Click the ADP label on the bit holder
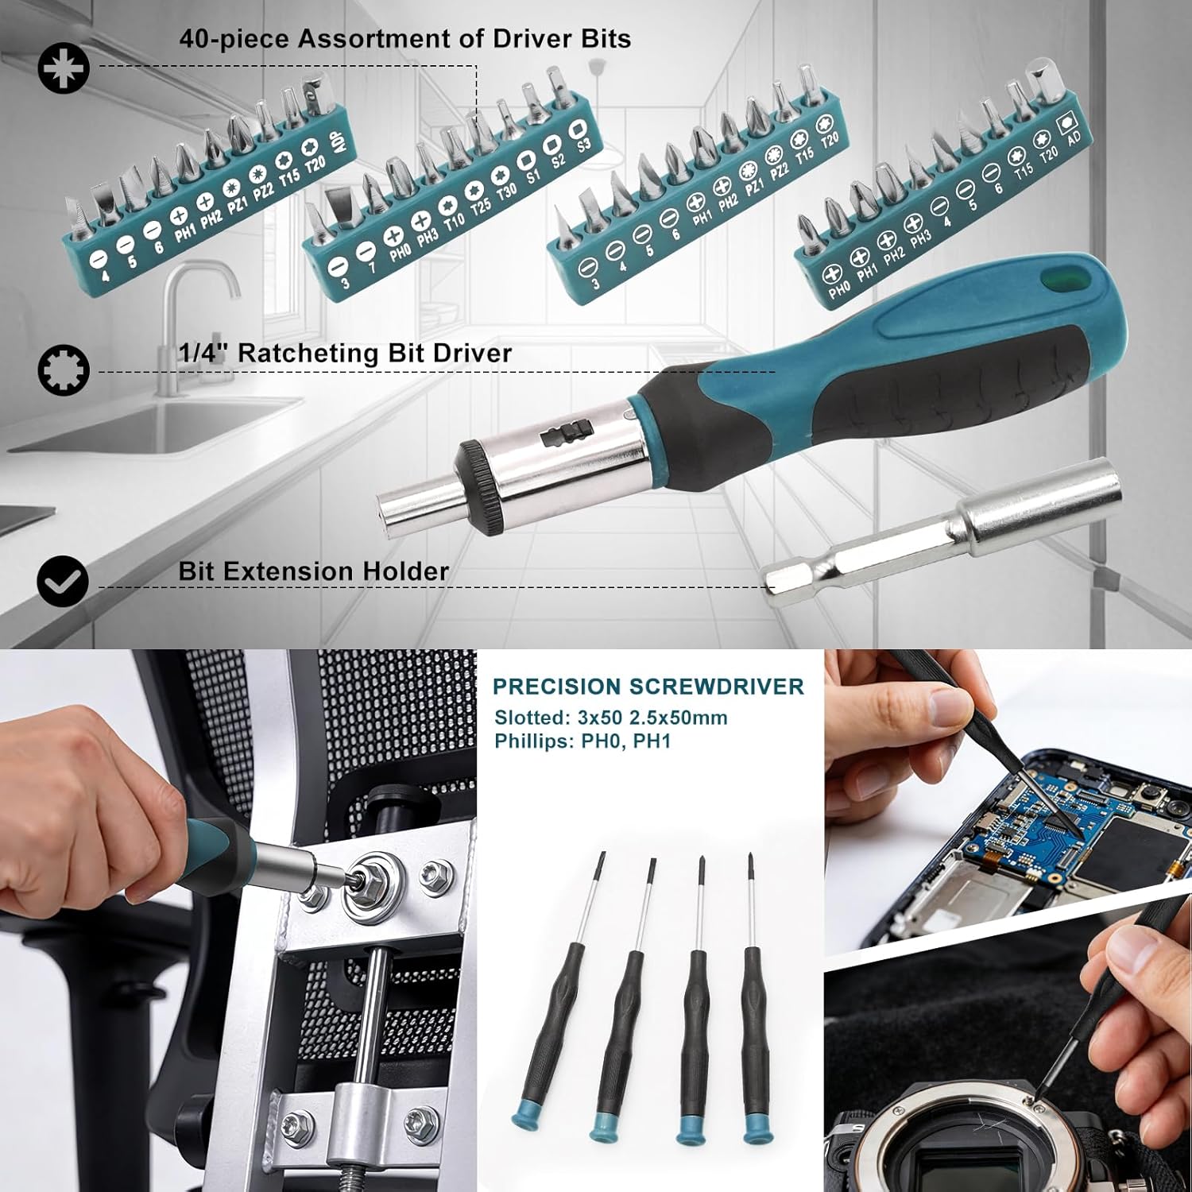pos(337,150)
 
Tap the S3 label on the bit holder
pos(584,145)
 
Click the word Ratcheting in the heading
pos(306,353)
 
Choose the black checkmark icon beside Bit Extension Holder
pos(63,582)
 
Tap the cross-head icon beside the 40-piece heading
pos(64,68)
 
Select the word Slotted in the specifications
pos(528,718)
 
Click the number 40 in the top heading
pos(193,39)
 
